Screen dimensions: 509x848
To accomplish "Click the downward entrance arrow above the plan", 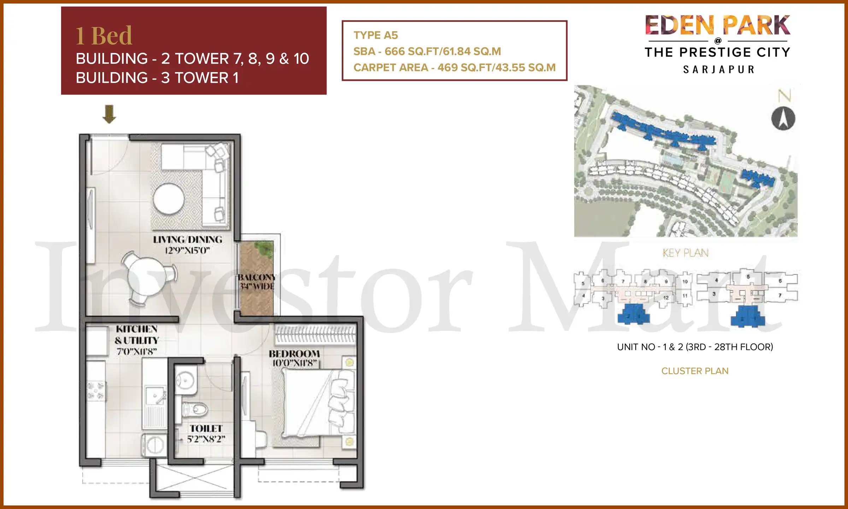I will [x=109, y=114].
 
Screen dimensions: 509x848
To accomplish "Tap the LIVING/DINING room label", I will [x=188, y=240].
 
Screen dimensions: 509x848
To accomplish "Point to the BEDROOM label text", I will [x=294, y=354].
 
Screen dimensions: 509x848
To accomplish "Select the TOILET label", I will [x=206, y=429].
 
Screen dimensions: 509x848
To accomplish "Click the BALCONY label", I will [x=257, y=277].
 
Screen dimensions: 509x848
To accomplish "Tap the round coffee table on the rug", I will [x=169, y=199].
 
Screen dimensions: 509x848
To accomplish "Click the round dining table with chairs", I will [x=146, y=278].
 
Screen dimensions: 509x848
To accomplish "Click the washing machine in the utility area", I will [x=154, y=445].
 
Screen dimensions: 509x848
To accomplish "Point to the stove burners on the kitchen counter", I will [x=96, y=391].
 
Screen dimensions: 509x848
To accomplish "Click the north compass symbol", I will [x=783, y=118].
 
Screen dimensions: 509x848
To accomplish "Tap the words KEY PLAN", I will [x=685, y=253].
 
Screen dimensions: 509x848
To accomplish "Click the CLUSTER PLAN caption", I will [x=695, y=371].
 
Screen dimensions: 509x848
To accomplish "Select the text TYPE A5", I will [x=376, y=35].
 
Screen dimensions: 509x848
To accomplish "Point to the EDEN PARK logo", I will [x=717, y=25].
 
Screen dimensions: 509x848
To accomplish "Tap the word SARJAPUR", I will [x=719, y=70].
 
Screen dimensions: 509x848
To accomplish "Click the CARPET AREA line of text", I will [x=454, y=68].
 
